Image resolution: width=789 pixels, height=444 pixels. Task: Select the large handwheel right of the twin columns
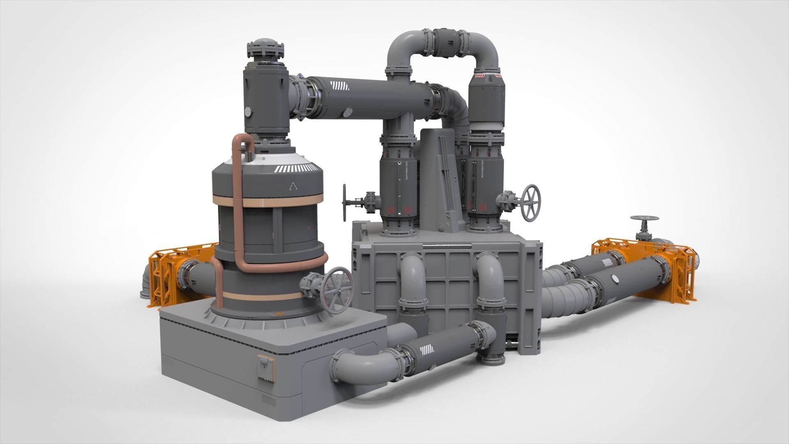point(531,202)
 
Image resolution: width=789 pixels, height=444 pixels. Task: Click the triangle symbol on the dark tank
point(293,187)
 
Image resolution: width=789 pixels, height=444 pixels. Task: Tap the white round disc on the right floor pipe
point(615,279)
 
